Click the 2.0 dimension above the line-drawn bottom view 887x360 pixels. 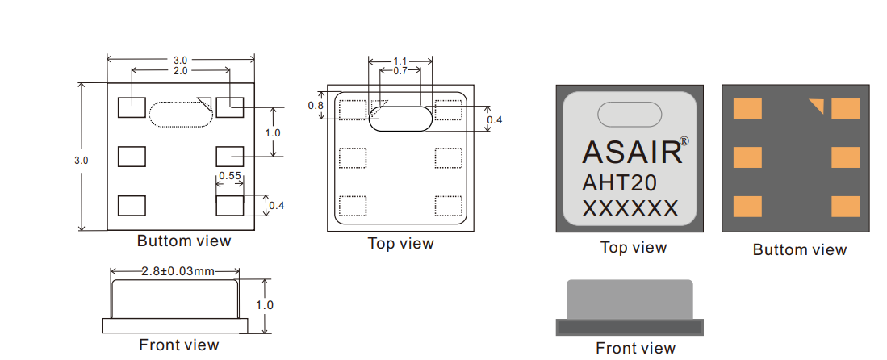[x=180, y=71]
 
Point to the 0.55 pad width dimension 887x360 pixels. [x=230, y=176]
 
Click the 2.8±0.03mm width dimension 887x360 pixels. [x=174, y=271]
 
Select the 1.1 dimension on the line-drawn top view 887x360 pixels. [x=400, y=61]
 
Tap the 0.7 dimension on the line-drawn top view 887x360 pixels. [x=400, y=71]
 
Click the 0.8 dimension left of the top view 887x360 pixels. [x=316, y=106]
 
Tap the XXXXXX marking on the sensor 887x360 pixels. [x=630, y=209]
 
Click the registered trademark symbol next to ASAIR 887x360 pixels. [x=684, y=140]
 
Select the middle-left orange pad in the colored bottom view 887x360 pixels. [x=747, y=157]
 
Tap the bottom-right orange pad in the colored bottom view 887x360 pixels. [x=845, y=207]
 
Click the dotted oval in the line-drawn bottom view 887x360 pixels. [x=182, y=113]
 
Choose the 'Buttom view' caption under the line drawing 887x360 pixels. [x=184, y=241]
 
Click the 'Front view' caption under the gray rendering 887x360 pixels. [x=635, y=348]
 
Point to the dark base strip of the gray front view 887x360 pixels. [x=630, y=327]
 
